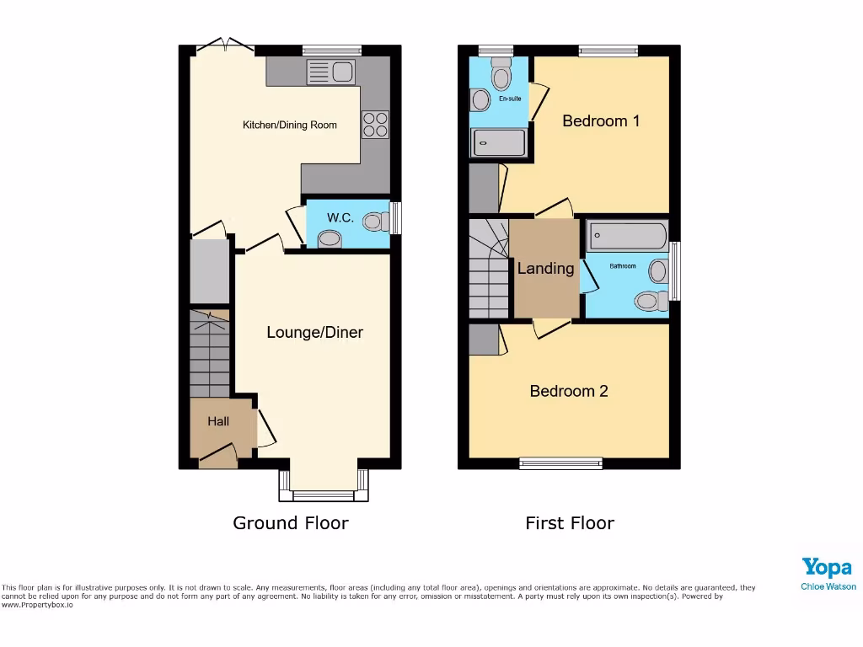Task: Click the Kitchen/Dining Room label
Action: click(290, 125)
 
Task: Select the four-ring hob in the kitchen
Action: click(375, 125)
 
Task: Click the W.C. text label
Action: click(340, 217)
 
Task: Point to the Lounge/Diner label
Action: click(314, 332)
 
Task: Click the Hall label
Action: click(218, 421)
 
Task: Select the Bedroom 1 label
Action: click(601, 120)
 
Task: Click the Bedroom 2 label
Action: click(569, 391)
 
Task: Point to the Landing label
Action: click(545, 268)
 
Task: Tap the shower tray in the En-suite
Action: click(498, 142)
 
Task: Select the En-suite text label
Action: click(510, 99)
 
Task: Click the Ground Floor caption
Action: click(290, 523)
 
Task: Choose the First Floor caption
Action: click(570, 523)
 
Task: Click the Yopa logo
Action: click(827, 567)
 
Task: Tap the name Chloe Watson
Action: click(828, 586)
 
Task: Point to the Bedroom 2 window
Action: click(561, 463)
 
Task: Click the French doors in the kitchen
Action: click(223, 46)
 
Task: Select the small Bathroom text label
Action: click(623, 266)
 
